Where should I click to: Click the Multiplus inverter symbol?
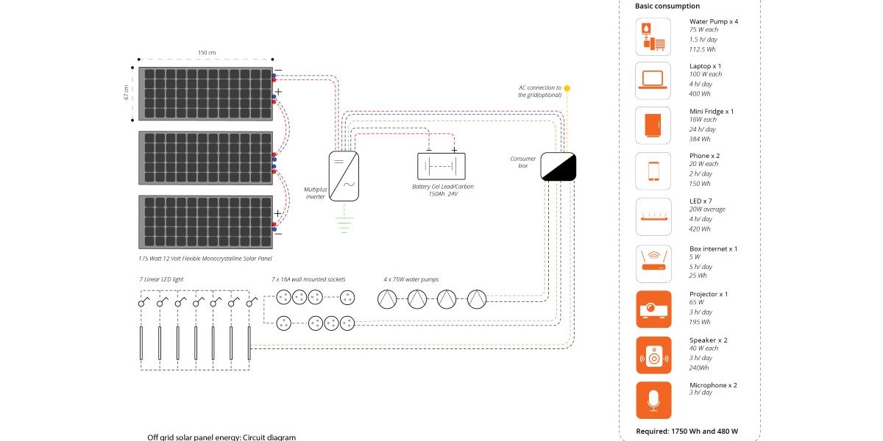(344, 176)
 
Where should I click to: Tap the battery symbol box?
(441, 166)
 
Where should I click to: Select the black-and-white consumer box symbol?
(558, 166)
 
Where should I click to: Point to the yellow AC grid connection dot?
(567, 88)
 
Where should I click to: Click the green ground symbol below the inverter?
(344, 223)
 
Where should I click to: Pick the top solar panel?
(205, 94)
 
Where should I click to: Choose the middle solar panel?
(205, 158)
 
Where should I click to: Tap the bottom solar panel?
(205, 222)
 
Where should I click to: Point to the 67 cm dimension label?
(127, 93)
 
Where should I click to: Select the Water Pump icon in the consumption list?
(653, 36)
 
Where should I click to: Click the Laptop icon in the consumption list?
(653, 80)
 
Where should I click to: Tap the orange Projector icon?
(653, 309)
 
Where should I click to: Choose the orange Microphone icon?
(653, 400)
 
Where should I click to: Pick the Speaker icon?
(653, 355)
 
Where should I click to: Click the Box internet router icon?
(653, 263)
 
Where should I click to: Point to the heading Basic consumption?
(667, 6)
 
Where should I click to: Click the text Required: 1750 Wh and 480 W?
(688, 431)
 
